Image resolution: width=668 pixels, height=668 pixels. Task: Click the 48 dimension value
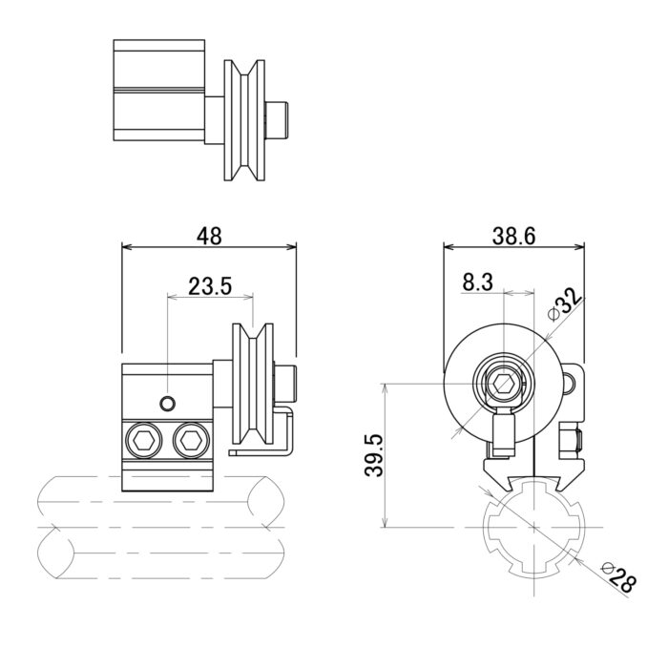[x=209, y=236]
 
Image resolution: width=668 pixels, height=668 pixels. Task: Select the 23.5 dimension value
[x=210, y=286]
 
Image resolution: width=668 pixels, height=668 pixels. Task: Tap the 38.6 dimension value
[x=513, y=236]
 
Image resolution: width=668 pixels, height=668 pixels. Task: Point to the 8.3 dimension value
[x=477, y=282]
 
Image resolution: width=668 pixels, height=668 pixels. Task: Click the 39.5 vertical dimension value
[x=375, y=455]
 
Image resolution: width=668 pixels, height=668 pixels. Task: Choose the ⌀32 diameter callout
[x=565, y=303]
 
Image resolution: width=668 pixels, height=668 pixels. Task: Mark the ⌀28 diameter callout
[x=618, y=577]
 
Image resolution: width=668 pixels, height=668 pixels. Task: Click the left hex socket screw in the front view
[x=142, y=440]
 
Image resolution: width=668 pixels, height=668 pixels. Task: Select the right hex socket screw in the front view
[x=191, y=440]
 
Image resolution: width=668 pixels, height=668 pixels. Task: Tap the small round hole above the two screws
[x=167, y=403]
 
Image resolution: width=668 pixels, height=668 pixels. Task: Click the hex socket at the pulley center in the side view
[x=503, y=385]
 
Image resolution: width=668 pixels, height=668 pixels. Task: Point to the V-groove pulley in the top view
[x=244, y=120]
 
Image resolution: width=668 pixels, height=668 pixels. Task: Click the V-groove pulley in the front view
[x=253, y=384]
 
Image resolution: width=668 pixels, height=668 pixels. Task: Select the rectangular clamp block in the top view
[x=159, y=91]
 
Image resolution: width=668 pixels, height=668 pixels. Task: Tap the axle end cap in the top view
[x=276, y=119]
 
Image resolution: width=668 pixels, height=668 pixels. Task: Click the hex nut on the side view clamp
[x=570, y=441]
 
